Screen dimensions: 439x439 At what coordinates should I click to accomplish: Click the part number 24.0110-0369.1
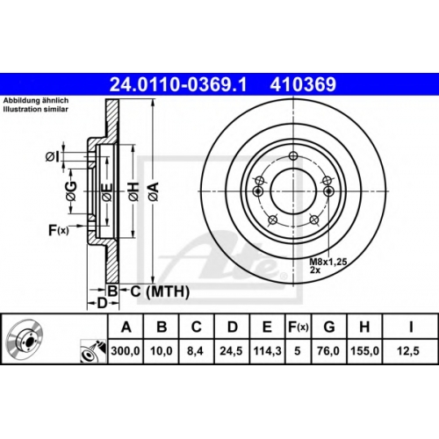coord(178,84)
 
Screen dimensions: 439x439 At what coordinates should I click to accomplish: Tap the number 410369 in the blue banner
coord(303,84)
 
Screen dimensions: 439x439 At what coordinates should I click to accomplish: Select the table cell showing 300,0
coord(126,350)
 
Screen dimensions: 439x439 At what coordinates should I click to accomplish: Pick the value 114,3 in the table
coord(268,350)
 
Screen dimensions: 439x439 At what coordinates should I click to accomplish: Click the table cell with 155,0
coord(364,350)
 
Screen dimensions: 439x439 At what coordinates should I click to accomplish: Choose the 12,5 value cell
coord(408,350)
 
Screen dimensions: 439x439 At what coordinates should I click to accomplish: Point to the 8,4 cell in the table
coord(195,350)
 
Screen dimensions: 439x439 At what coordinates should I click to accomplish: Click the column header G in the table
coord(329,327)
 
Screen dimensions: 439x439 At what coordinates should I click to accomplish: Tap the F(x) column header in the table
coord(299,327)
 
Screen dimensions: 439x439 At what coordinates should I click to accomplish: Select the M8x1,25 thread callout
coord(328,262)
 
